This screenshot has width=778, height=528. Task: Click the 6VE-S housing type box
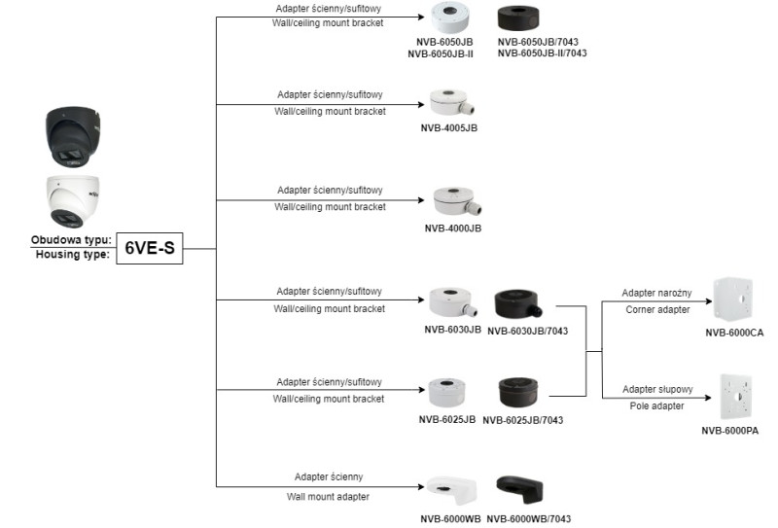click(x=150, y=248)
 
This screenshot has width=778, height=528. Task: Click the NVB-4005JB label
click(x=448, y=127)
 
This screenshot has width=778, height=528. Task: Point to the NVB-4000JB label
click(x=452, y=228)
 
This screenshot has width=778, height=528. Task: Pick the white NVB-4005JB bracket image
click(x=450, y=103)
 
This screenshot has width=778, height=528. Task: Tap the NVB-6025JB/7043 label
click(x=523, y=420)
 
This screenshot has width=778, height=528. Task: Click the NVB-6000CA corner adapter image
click(x=734, y=300)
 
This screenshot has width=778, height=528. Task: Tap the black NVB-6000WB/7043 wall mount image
click(x=518, y=489)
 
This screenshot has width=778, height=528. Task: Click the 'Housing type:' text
click(x=73, y=255)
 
